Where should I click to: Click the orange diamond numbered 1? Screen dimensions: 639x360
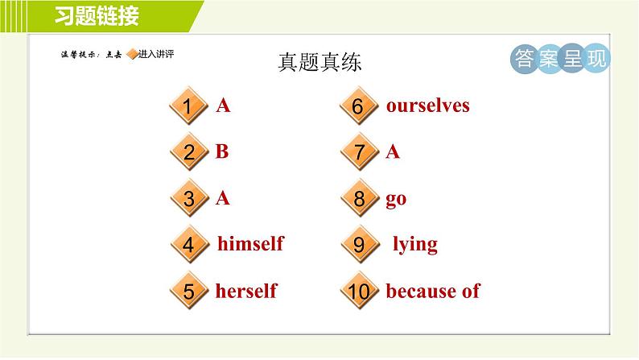[188, 106]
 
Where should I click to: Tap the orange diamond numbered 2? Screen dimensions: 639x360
[189, 152]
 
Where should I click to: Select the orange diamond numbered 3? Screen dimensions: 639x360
[189, 198]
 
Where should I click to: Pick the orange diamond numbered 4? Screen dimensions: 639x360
[189, 245]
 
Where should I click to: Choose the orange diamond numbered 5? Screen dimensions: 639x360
[189, 291]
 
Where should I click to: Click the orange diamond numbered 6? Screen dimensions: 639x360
[359, 106]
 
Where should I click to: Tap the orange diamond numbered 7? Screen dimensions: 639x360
[360, 152]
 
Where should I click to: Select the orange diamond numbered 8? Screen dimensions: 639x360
[360, 198]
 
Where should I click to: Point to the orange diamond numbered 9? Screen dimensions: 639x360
[360, 245]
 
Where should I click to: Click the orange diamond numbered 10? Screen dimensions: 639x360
[360, 291]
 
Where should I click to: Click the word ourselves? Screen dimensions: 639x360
[428, 106]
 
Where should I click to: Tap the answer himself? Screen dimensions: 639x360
[250, 243]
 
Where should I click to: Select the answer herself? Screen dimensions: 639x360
[246, 291]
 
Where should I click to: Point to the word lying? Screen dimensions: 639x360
[414, 245]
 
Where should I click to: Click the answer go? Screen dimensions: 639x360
[396, 200]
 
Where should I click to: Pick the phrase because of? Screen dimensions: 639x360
[433, 291]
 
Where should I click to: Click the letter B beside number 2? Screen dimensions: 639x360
[222, 151]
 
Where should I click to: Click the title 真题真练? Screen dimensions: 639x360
[320, 62]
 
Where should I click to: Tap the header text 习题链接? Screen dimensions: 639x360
[97, 16]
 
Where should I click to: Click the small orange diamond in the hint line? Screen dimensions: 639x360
[133, 54]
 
